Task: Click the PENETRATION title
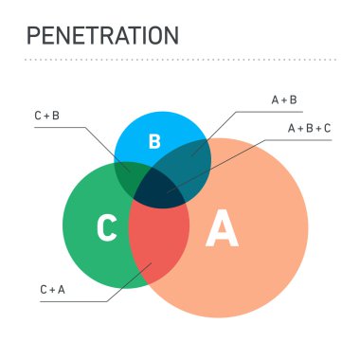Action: [102, 36]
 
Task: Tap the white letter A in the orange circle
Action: [222, 229]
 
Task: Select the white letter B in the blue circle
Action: [155, 142]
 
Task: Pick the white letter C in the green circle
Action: [107, 228]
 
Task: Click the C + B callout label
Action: [47, 116]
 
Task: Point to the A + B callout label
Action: [284, 99]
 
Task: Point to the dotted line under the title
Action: [180, 59]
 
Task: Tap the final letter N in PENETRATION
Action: [171, 36]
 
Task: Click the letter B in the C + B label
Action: [58, 116]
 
